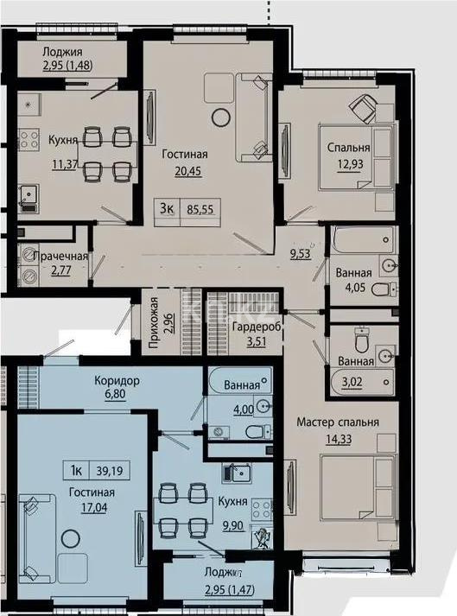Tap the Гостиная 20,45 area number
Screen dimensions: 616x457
178,171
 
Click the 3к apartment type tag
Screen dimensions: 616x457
165,208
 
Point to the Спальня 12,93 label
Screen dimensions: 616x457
349,147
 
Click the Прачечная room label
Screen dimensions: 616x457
56,257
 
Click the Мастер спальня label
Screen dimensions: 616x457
338,422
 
